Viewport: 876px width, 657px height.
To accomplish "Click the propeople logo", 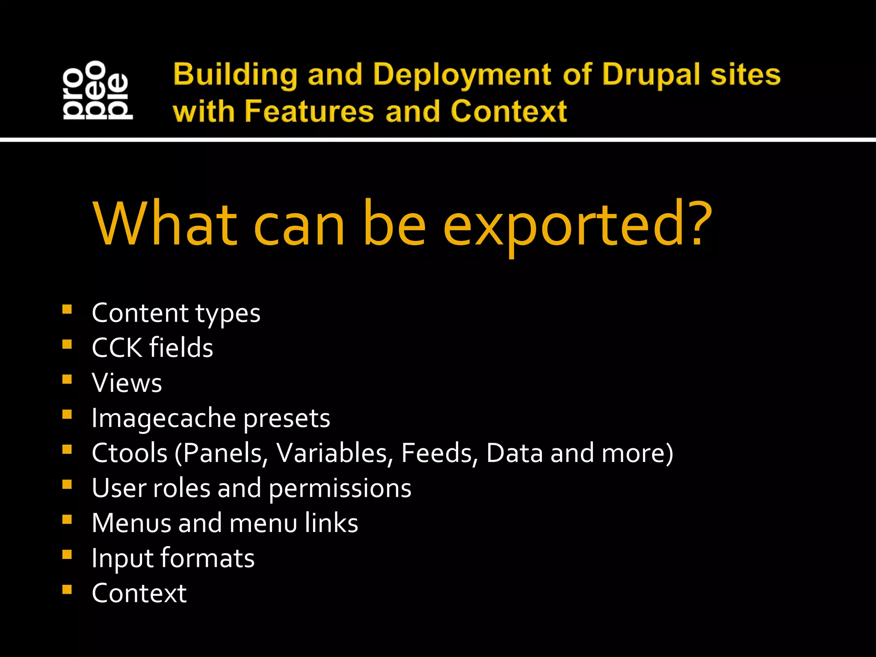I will click(98, 90).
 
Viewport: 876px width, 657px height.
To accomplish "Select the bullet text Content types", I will click(176, 314).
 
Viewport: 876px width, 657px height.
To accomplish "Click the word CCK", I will click(116, 348).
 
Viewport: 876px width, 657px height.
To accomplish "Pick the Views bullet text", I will click(127, 383).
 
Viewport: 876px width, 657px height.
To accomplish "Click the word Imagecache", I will click(163, 418).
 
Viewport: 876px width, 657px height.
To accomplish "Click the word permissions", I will click(340, 488).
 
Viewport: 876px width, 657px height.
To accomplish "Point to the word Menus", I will click(131, 523).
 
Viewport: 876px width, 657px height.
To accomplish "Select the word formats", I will click(207, 558).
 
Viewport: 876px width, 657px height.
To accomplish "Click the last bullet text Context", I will click(139, 593).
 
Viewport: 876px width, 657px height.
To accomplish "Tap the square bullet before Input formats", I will click(67, 555).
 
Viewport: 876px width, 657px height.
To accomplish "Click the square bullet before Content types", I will click(67, 309).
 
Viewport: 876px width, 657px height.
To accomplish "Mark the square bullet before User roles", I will click(67, 485).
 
